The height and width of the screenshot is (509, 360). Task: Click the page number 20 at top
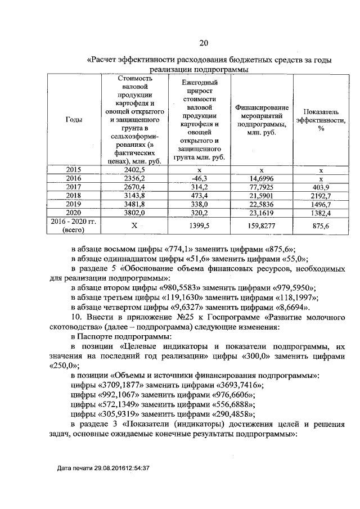[203, 43]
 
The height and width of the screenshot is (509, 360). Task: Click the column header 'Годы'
[73, 120]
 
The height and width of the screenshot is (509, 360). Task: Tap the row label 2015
[73, 169]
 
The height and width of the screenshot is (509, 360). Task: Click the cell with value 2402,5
[134, 169]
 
